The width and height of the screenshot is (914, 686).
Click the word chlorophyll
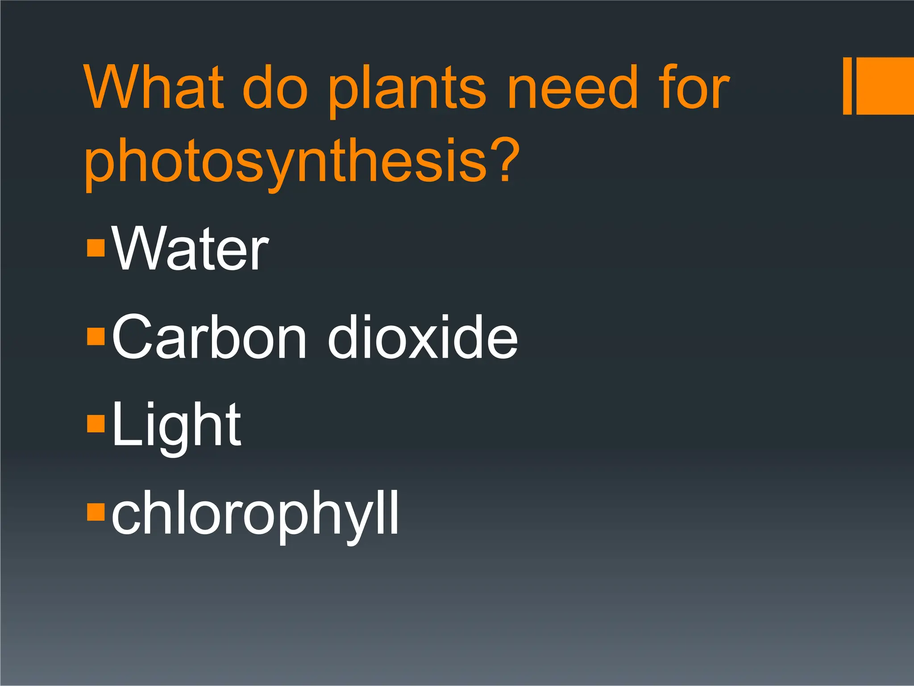pos(255,514)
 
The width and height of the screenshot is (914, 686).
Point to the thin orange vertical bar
pos(848,86)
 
